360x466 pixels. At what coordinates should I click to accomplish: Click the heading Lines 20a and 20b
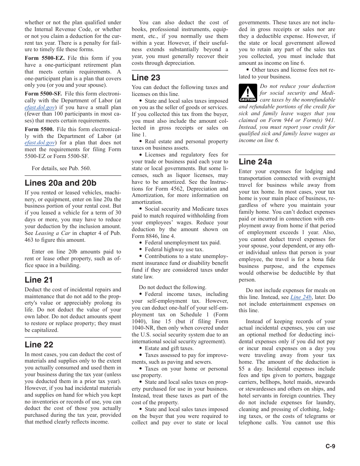60,183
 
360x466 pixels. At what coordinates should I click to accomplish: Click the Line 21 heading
39,280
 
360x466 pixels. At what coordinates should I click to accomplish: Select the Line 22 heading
39,345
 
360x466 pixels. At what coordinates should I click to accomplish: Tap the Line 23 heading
146,78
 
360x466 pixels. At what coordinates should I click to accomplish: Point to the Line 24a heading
255,162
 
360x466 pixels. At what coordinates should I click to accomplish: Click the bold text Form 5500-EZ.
45,58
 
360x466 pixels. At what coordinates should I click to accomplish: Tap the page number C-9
330,446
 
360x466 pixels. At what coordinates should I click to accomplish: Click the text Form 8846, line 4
153,236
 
